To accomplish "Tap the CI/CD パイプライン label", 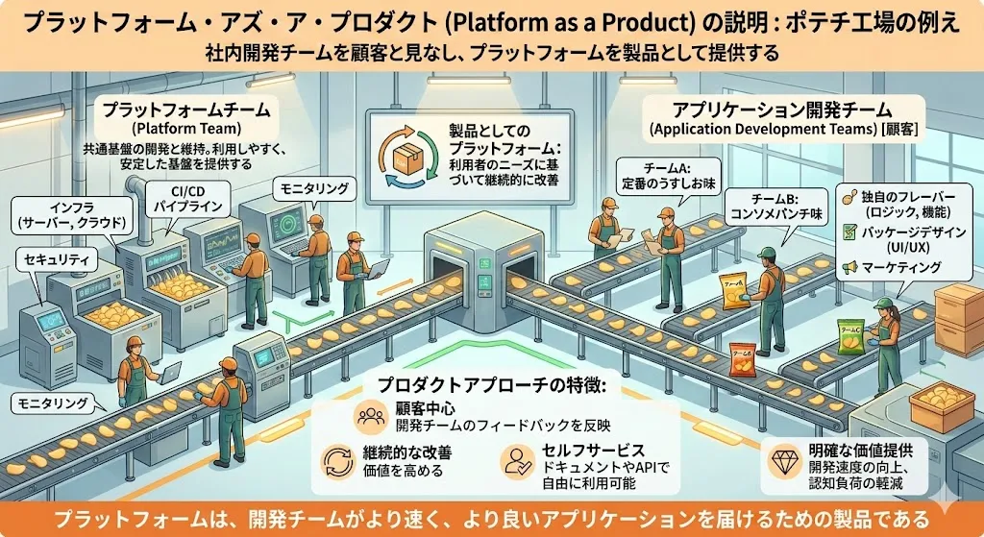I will coord(189,200).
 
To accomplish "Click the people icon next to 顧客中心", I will coord(370,418).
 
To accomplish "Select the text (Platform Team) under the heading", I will coord(188,129).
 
